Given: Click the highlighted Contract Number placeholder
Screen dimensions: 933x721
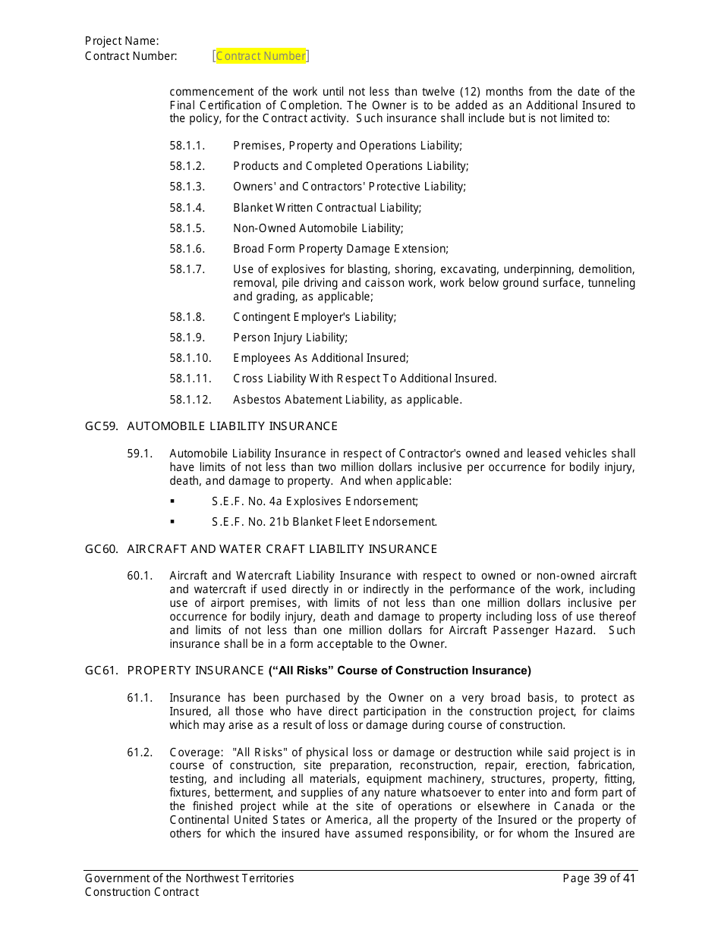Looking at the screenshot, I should (x=261, y=56).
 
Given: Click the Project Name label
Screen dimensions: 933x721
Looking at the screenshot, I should (x=122, y=41).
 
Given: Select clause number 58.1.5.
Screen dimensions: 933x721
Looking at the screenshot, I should (x=187, y=228).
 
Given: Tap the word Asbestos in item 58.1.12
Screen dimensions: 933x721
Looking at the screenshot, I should (x=255, y=400).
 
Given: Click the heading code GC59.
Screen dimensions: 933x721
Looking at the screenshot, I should (x=101, y=426).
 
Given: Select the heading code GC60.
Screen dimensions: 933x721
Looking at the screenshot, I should (x=101, y=549).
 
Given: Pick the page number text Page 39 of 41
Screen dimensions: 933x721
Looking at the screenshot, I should (x=599, y=878).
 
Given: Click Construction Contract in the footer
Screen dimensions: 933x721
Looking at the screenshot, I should (x=142, y=892).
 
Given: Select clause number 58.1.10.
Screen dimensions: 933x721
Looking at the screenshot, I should (x=190, y=358).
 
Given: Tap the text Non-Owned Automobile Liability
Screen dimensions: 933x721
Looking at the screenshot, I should (x=318, y=228).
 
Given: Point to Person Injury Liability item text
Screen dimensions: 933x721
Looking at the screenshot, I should (x=290, y=338).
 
